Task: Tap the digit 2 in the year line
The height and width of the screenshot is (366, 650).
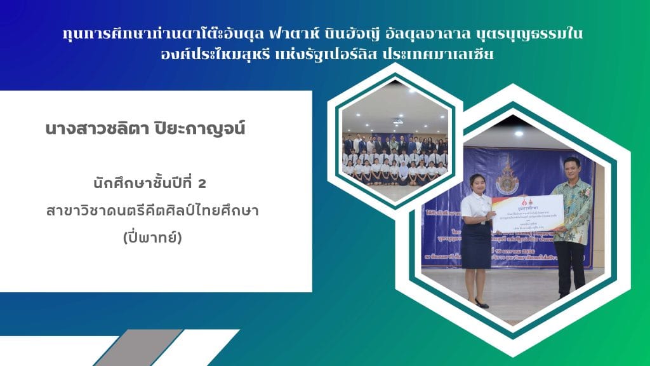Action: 202,184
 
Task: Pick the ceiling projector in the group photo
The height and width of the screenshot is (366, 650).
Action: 398,121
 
